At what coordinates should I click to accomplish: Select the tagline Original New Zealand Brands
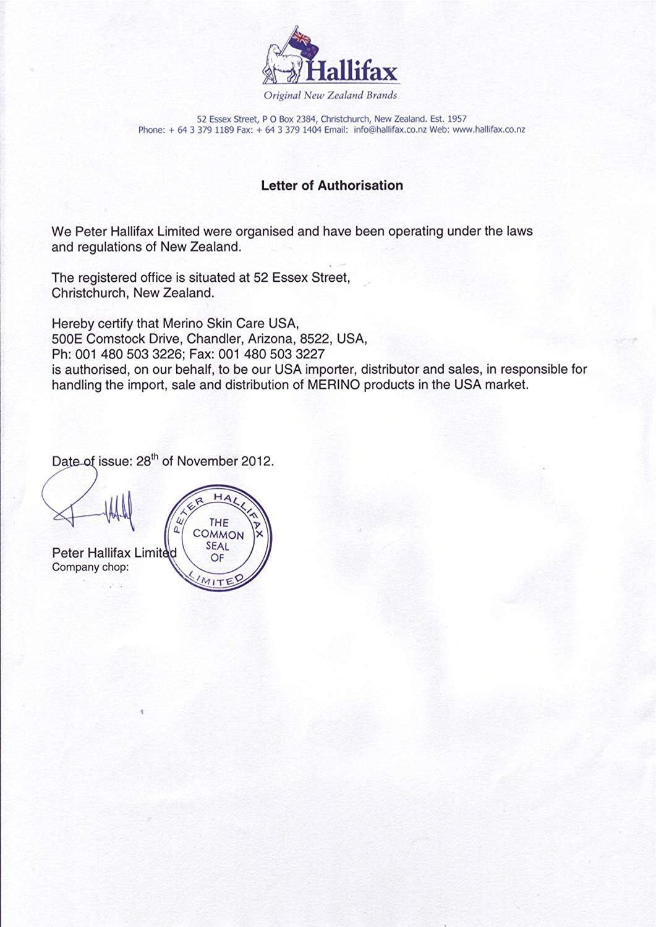330,95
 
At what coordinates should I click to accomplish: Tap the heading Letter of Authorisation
332,185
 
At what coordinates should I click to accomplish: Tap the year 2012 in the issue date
258,462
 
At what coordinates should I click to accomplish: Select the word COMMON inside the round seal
218,535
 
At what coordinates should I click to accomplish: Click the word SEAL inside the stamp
218,546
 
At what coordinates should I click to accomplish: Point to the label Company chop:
90,567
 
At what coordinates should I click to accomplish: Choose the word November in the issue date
208,462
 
